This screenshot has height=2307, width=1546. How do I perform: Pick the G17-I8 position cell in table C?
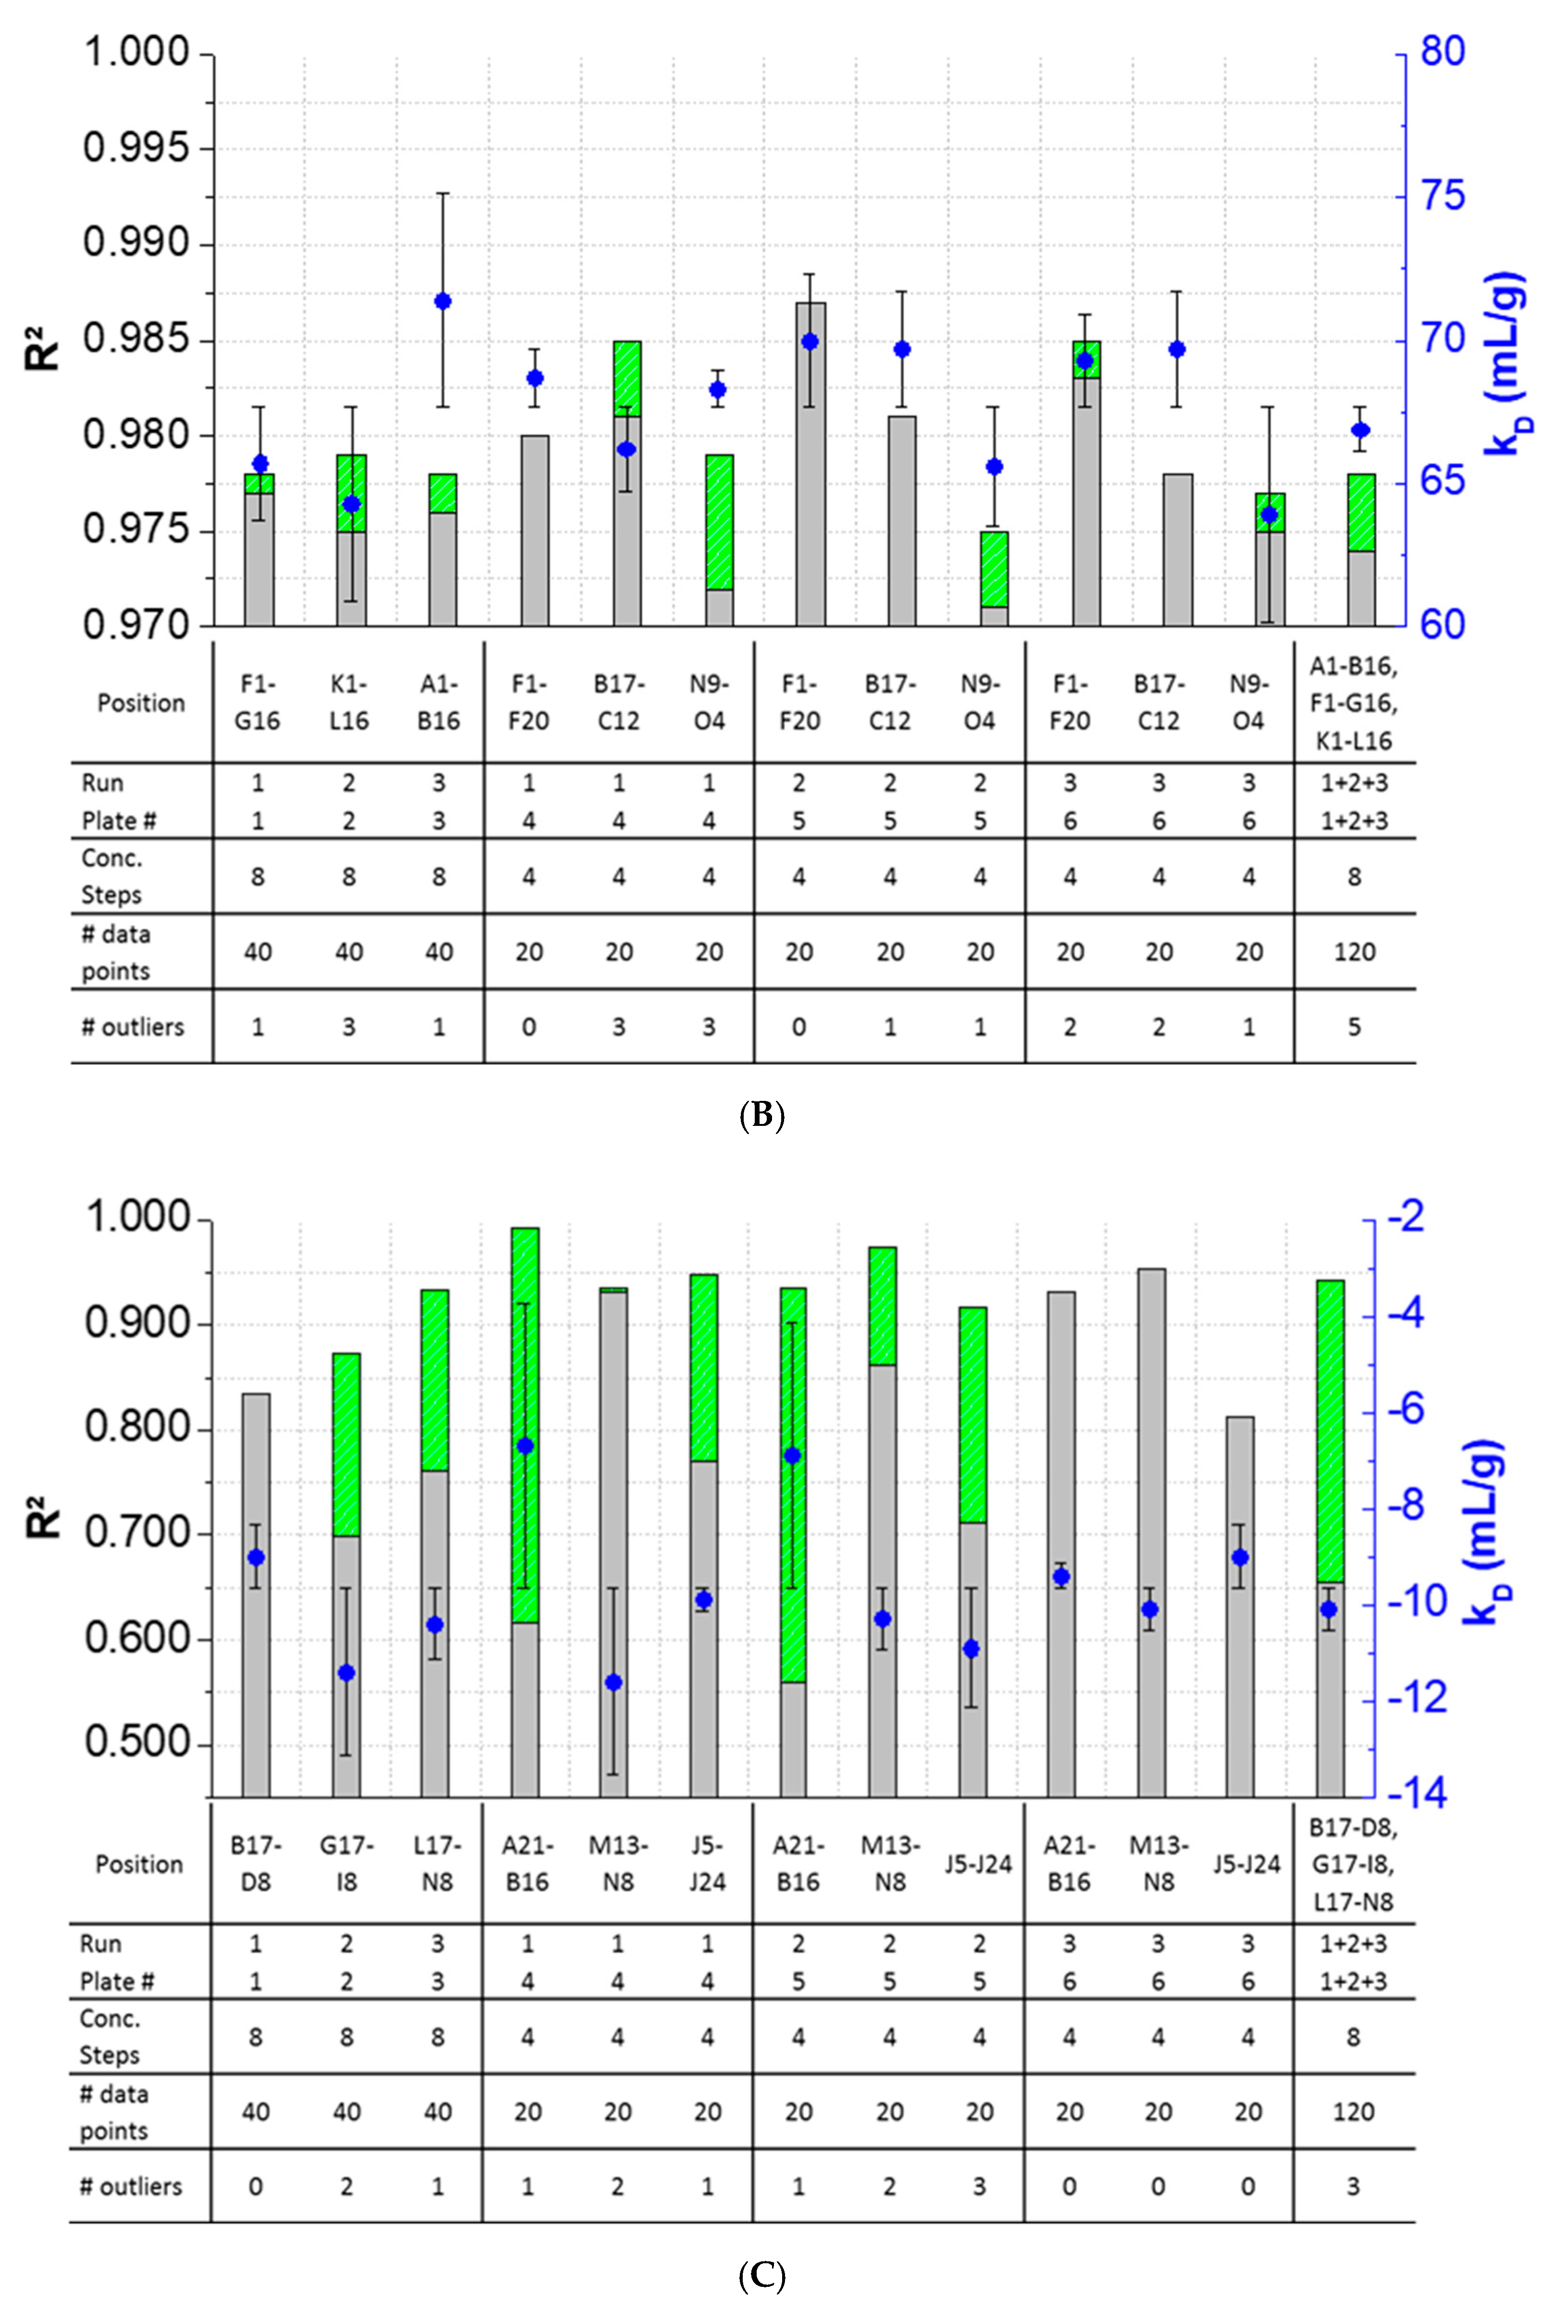(x=346, y=1863)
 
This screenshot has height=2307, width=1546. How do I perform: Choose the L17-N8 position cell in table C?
(x=437, y=1863)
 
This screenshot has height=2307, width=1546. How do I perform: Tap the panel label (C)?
(x=761, y=2276)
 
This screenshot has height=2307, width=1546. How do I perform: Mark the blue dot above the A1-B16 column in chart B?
(x=442, y=302)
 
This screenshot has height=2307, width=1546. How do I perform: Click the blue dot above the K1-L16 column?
(x=352, y=504)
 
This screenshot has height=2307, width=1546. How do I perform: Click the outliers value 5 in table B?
(x=1354, y=1027)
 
